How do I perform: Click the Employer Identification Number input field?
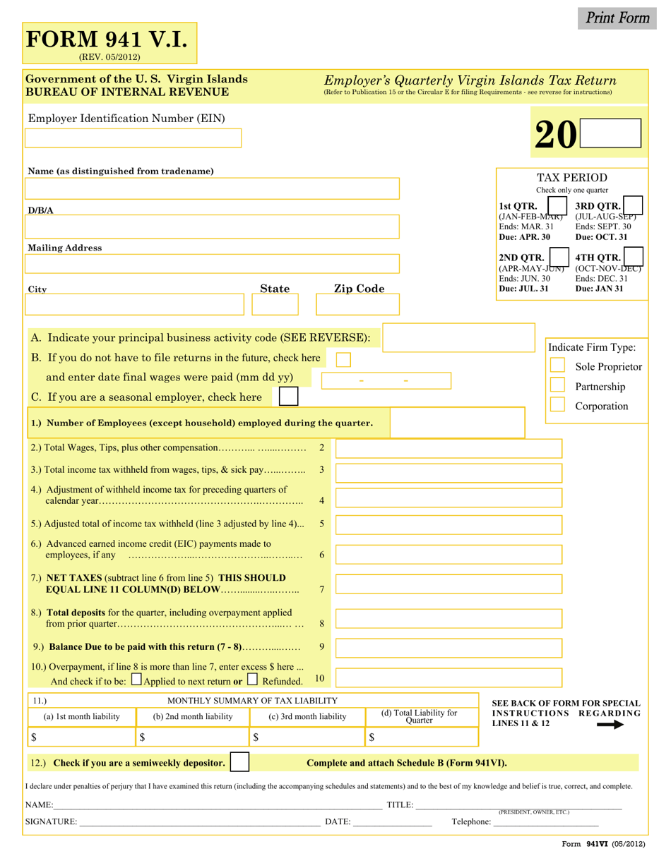coord(133,138)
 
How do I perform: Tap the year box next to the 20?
coord(610,133)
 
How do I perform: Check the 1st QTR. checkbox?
coord(559,203)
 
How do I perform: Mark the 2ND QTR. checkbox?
coord(559,255)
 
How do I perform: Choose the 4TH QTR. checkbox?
coord(634,255)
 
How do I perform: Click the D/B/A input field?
coord(212,227)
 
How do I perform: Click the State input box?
coord(275,305)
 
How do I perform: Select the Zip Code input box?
coord(357,305)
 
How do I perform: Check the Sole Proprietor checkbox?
coord(557,366)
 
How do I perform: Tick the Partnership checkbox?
coord(557,385)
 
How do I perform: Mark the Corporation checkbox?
coord(557,404)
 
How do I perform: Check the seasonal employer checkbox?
coord(288,397)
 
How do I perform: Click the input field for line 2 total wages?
coord(449,448)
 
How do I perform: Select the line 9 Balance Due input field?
coord(449,648)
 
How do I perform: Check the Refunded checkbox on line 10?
coord(253,680)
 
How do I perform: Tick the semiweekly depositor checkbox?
coord(240,762)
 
